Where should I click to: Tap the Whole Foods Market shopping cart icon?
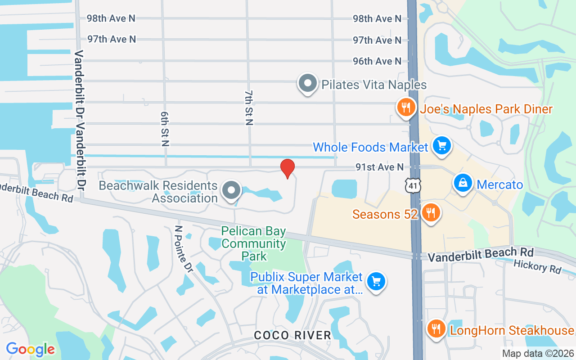click(x=442, y=145)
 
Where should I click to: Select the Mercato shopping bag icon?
click(x=463, y=183)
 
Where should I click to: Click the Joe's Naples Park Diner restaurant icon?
click(x=406, y=107)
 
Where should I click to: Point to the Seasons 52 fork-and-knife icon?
click(x=431, y=212)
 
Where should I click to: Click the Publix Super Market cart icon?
click(x=376, y=282)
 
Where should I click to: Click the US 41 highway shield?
click(x=411, y=185)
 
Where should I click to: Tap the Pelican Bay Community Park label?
click(x=254, y=244)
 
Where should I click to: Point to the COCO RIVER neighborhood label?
click(x=292, y=335)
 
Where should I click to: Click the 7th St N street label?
click(x=249, y=108)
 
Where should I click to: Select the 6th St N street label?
click(x=165, y=129)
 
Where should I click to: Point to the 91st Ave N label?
click(x=379, y=167)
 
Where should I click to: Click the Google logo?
click(x=31, y=349)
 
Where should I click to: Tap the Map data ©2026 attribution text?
click(x=537, y=354)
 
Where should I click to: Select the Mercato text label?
click(x=499, y=184)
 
